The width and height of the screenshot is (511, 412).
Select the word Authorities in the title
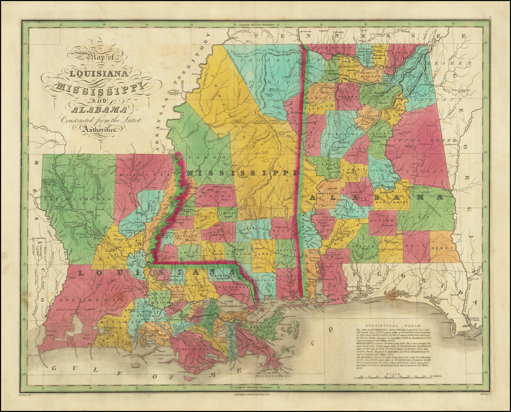click(102, 130)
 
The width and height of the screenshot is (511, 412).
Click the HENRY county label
click(444, 245)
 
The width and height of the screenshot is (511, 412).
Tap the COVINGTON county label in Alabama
click(390, 248)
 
